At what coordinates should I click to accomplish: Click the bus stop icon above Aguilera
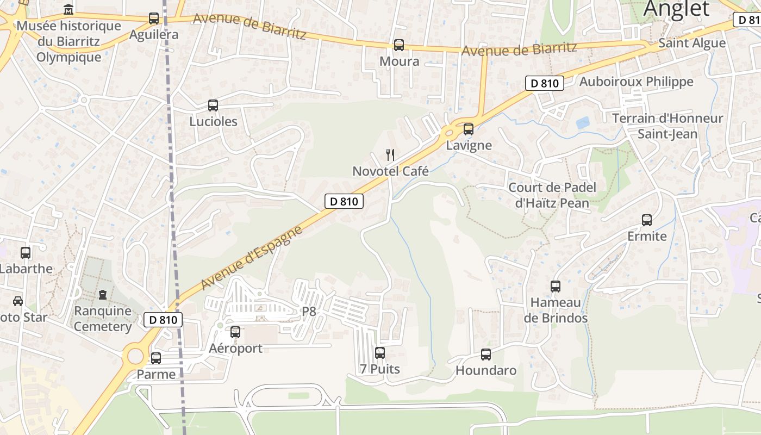click(x=154, y=18)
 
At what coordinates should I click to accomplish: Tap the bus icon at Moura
click(x=399, y=45)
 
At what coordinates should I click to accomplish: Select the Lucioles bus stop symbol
click(x=213, y=105)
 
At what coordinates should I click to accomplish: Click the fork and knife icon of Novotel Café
click(x=390, y=155)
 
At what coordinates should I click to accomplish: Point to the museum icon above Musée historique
click(x=68, y=9)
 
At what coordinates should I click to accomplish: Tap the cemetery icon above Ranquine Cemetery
click(x=103, y=295)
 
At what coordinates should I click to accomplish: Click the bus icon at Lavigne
click(x=468, y=129)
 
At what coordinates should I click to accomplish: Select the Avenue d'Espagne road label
click(x=252, y=258)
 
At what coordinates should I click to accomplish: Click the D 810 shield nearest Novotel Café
click(x=344, y=201)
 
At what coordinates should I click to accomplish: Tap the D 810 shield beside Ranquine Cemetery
click(x=163, y=320)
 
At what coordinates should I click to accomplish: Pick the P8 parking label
click(x=309, y=312)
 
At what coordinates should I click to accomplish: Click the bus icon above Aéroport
click(x=235, y=332)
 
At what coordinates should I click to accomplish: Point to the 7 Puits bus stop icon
click(x=380, y=353)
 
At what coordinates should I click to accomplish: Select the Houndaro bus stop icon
click(x=486, y=355)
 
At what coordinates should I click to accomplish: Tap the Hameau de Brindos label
click(x=556, y=310)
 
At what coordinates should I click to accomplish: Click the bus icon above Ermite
click(x=647, y=220)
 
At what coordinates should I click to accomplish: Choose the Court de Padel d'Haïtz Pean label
click(x=552, y=195)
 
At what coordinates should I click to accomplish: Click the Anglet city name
click(x=677, y=9)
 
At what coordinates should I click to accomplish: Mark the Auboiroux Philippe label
click(x=637, y=82)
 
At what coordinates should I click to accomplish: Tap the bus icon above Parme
click(x=156, y=358)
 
